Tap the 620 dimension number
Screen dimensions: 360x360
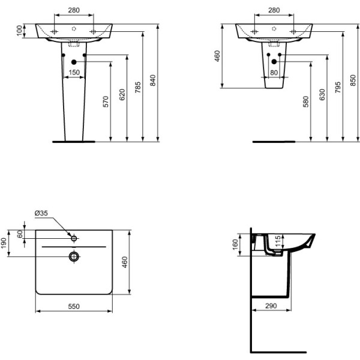point(122,94)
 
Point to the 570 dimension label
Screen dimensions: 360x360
point(106,101)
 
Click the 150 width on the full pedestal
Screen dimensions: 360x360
point(74,72)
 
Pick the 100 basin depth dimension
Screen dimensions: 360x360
point(19,30)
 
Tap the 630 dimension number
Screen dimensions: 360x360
point(322,94)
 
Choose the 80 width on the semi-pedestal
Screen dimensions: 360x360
point(274,72)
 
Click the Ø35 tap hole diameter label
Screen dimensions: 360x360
point(41,213)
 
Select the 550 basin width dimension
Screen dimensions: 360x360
point(73,306)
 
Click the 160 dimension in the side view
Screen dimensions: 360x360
point(235,244)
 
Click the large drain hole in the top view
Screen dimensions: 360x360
point(74,256)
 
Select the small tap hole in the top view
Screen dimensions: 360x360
point(74,238)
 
